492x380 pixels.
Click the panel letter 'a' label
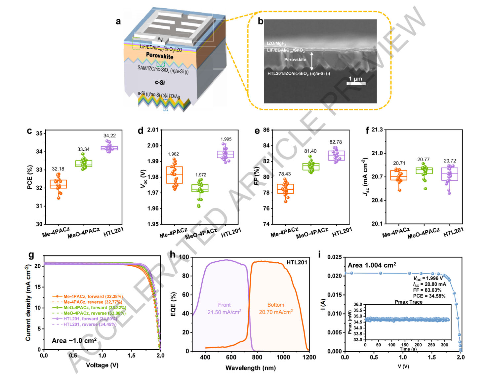pyautogui.click(x=118, y=22)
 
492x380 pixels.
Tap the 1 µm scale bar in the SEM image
pyautogui.click(x=356, y=83)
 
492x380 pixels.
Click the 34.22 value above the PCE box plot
pyautogui.click(x=109, y=136)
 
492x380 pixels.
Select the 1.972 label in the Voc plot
pyautogui.click(x=201, y=175)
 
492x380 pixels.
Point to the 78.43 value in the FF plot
pyautogui.click(x=285, y=174)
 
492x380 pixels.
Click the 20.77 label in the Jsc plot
pyautogui.click(x=424, y=160)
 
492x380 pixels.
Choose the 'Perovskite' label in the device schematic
pyautogui.click(x=160, y=56)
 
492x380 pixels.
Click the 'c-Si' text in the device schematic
pyautogui.click(x=160, y=83)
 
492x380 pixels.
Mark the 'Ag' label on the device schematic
pyautogui.click(x=160, y=39)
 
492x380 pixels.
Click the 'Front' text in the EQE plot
pyautogui.click(x=224, y=305)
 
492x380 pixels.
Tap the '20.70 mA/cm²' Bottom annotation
pyautogui.click(x=276, y=312)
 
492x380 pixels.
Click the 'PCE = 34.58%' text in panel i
pyautogui.click(x=429, y=296)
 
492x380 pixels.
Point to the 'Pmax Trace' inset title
pyautogui.click(x=408, y=302)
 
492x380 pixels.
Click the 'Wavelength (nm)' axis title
pyautogui.click(x=250, y=368)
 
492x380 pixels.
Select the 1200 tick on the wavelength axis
pyautogui.click(x=309, y=357)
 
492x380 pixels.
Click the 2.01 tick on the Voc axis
pyautogui.click(x=153, y=130)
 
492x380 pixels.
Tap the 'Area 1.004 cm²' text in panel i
pyautogui.click(x=372, y=265)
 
